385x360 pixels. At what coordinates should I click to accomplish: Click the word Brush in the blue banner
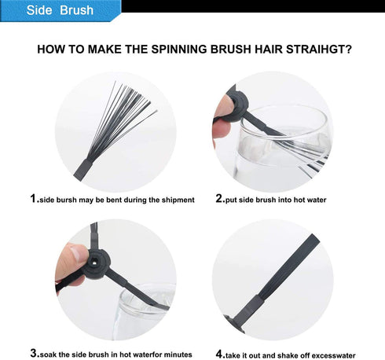[x=76, y=10]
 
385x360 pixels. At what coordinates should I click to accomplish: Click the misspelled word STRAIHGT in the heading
[x=319, y=50]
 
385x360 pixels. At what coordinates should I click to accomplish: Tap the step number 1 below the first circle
[x=33, y=198]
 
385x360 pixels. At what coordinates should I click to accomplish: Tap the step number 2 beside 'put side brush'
[x=219, y=198]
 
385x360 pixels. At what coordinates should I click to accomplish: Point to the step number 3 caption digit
[x=34, y=353]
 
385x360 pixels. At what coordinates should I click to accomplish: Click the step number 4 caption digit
[x=219, y=354]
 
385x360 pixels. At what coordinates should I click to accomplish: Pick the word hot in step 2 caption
[x=299, y=200]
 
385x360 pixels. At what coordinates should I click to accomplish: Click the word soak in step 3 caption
[x=49, y=354]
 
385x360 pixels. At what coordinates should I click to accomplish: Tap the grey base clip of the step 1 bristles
[x=84, y=170]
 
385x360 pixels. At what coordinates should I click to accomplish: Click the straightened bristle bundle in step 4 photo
[x=289, y=266]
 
